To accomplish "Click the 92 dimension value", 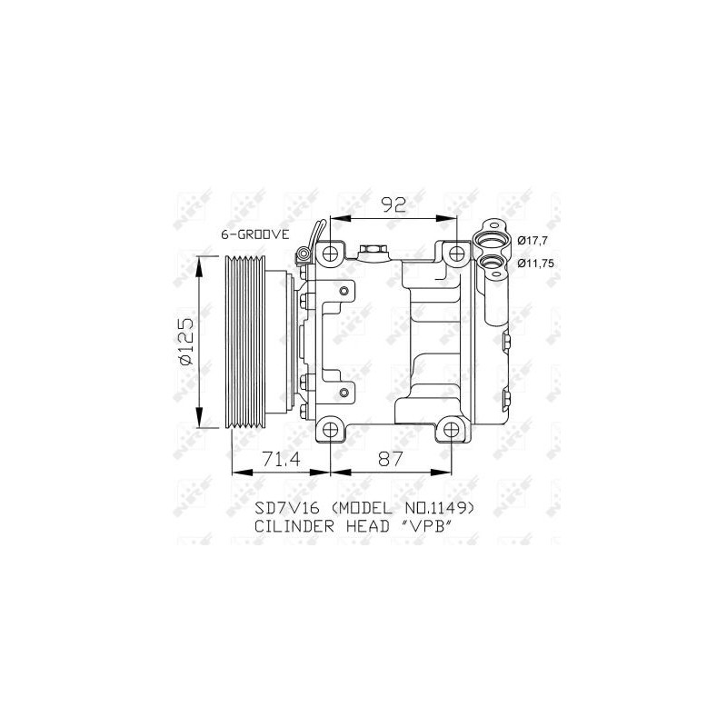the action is [x=393, y=204].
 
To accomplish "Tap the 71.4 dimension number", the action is [x=282, y=460].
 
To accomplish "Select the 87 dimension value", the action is [x=391, y=460].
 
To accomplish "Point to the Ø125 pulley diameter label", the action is [x=186, y=342].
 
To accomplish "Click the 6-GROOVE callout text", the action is [x=255, y=234].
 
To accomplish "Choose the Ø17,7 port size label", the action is [x=533, y=241].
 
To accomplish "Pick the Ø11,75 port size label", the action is [x=536, y=264].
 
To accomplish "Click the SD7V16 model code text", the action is [x=287, y=509].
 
